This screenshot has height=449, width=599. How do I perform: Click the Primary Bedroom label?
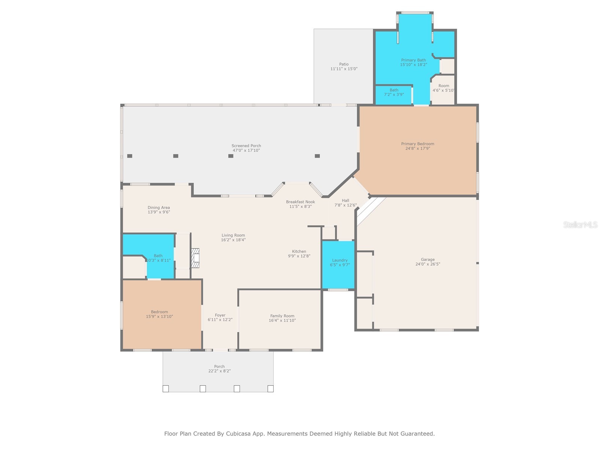[417, 144]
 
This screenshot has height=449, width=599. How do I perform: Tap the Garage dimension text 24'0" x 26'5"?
[428, 264]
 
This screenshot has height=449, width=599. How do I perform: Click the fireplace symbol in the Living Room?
[195, 258]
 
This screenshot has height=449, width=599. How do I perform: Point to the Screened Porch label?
[246, 146]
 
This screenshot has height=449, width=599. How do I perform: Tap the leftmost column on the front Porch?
[165, 389]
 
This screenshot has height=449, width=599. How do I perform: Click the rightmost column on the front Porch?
[270, 389]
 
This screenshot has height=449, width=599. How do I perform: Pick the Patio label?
[344, 64]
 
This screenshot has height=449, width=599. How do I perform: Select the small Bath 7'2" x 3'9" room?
[393, 95]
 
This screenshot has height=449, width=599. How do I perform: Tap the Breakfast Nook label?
[300, 202]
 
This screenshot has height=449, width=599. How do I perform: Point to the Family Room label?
[282, 316]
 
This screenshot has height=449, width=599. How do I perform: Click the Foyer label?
[220, 315]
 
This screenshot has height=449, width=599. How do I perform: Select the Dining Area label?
[159, 208]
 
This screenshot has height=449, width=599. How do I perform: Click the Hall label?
[345, 201]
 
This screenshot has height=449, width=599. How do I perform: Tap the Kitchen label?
[299, 251]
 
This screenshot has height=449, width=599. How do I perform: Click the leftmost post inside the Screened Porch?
[130, 156]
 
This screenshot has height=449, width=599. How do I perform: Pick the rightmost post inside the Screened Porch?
[317, 156]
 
